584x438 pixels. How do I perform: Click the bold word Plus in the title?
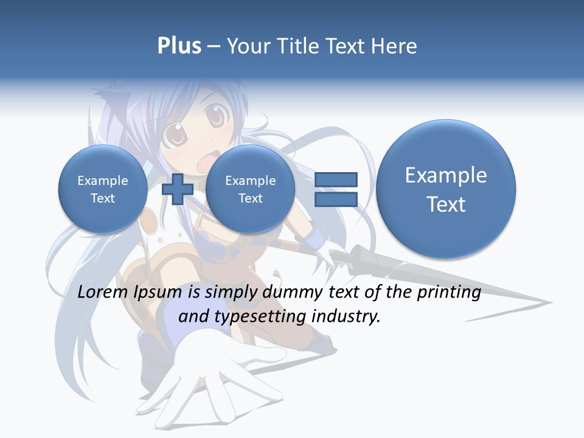coord(179,46)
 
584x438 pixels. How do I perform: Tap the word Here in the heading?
coord(395,46)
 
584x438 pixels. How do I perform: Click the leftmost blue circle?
coord(102,189)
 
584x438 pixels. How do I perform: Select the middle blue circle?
coord(250,189)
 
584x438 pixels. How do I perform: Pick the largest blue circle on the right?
coord(446,189)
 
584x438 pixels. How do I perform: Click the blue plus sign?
coord(178,189)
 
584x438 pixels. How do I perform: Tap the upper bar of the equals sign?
coord(336,179)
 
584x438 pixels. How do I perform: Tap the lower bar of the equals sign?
coord(336,199)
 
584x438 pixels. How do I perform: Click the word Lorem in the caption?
coord(103,293)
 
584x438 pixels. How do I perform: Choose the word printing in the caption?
coord(448,293)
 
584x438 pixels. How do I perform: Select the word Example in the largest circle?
coord(446,175)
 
